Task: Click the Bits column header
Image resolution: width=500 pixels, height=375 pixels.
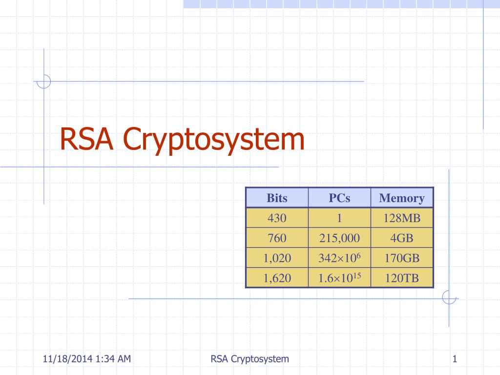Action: (277, 198)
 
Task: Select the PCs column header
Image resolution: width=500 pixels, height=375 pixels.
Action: (339, 198)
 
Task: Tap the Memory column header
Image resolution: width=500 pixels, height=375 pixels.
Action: (402, 198)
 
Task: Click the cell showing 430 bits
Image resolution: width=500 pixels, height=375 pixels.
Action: (277, 218)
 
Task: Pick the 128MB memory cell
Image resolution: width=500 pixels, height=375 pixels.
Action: (402, 218)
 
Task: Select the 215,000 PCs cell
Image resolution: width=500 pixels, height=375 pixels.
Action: (339, 238)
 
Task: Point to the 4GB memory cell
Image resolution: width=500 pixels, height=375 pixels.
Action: (402, 238)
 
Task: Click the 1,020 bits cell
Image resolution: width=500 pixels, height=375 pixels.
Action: (277, 258)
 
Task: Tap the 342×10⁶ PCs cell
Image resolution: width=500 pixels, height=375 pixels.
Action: (339, 258)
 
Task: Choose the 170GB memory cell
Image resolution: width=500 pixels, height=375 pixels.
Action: (402, 258)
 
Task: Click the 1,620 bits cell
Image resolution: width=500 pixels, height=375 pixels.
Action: (277, 278)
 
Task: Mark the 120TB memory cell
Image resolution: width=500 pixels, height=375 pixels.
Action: (402, 278)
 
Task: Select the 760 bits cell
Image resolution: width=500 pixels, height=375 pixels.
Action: (277, 238)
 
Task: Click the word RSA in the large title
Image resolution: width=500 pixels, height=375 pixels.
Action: (86, 139)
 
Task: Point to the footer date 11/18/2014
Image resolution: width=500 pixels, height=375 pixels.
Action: (67, 359)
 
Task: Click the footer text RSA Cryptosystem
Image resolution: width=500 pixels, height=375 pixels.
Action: (250, 359)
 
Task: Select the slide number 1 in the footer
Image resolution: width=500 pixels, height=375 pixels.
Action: (455, 359)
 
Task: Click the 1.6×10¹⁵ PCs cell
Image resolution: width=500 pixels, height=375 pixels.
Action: (339, 278)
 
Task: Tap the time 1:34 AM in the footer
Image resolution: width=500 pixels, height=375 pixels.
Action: (113, 359)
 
